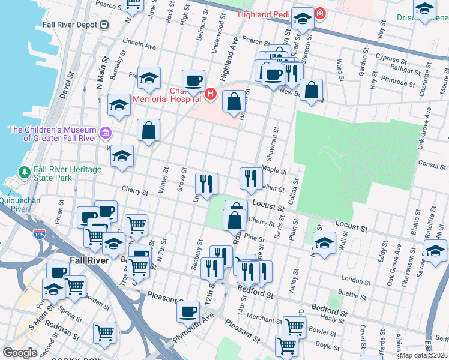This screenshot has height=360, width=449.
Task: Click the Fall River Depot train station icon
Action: pos(104,25)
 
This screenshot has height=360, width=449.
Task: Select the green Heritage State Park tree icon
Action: pos(24,173)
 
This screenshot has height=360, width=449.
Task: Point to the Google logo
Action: pos(20,353)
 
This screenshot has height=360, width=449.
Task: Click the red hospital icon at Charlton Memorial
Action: pos(210,94)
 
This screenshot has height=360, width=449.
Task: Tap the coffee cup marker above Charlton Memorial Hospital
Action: pos(193,81)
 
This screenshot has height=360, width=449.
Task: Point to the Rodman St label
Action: pos(62,331)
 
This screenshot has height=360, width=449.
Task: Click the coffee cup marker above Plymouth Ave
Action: pos(188,311)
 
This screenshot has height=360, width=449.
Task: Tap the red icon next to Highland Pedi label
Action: pos(321,13)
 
